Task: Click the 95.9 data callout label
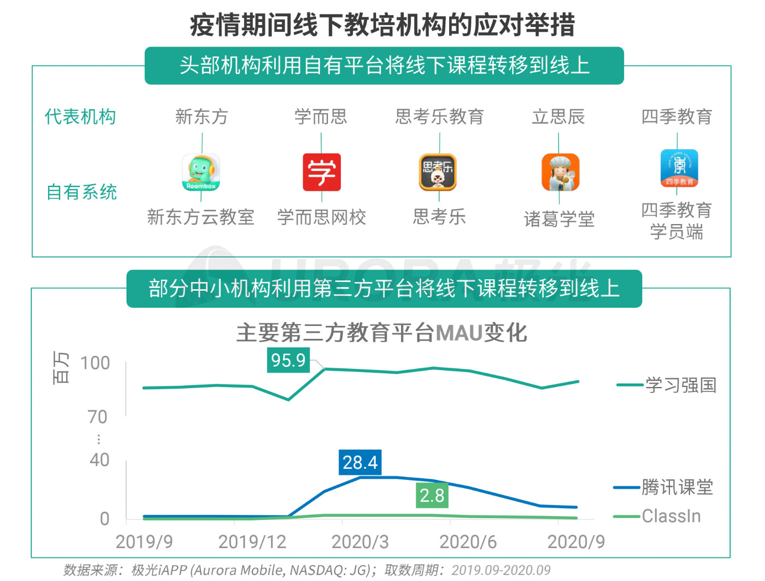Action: coord(288,360)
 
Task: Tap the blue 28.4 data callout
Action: coord(360,462)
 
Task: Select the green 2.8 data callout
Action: coord(432,495)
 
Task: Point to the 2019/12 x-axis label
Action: coord(252,542)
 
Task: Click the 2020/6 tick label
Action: coord(468,542)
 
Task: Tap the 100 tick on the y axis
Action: coord(95,363)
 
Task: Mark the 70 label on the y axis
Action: coord(97,417)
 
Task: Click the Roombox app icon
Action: coord(201,172)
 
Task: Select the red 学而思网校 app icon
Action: coord(321,172)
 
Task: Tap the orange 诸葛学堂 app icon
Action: coord(560,172)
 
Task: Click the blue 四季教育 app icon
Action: coord(679,168)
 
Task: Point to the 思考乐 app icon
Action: coord(438,172)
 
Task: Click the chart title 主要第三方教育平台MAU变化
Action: coord(381,332)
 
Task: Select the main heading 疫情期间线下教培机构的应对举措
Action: coord(382,25)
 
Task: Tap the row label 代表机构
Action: coord(80,116)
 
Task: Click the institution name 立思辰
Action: coord(558,116)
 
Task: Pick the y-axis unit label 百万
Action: coord(61,367)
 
